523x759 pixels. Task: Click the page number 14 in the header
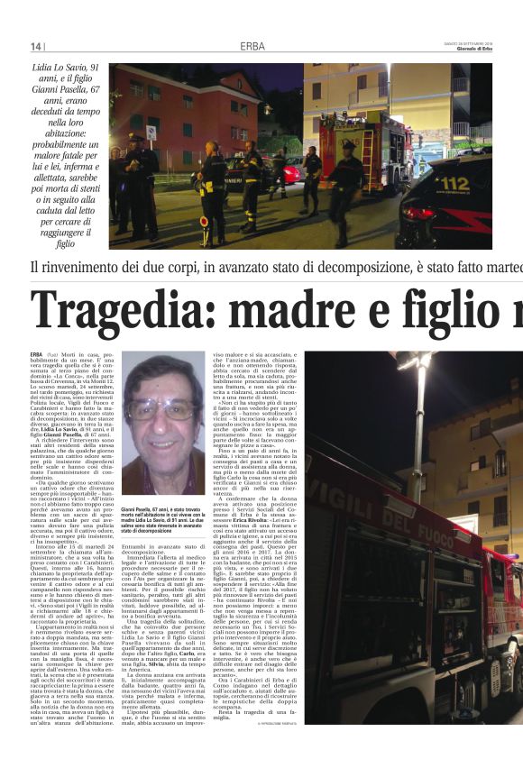[x=36, y=46]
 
